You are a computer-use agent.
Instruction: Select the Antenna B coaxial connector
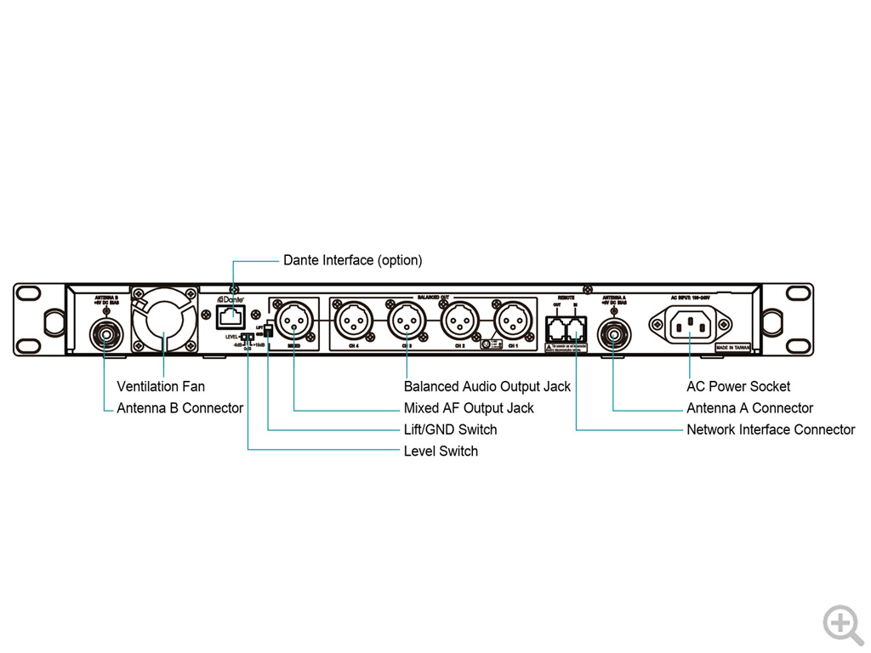(106, 334)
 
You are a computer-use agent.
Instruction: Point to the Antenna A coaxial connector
(612, 333)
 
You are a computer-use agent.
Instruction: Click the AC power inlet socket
(690, 323)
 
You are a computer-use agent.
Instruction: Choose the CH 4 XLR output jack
(353, 322)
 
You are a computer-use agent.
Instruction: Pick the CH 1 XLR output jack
(511, 322)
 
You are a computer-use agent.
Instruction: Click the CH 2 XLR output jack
(458, 322)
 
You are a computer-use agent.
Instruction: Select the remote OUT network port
(556, 326)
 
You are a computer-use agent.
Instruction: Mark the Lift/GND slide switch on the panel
(268, 330)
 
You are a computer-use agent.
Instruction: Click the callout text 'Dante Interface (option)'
(352, 260)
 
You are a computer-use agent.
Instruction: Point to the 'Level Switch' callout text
(441, 451)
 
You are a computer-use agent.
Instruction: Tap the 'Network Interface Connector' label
(770, 429)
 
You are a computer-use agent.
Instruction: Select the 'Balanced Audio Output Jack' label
(487, 387)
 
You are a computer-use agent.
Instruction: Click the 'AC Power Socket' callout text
(737, 387)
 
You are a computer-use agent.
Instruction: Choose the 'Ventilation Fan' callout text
(161, 387)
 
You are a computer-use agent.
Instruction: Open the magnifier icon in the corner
(842, 625)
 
